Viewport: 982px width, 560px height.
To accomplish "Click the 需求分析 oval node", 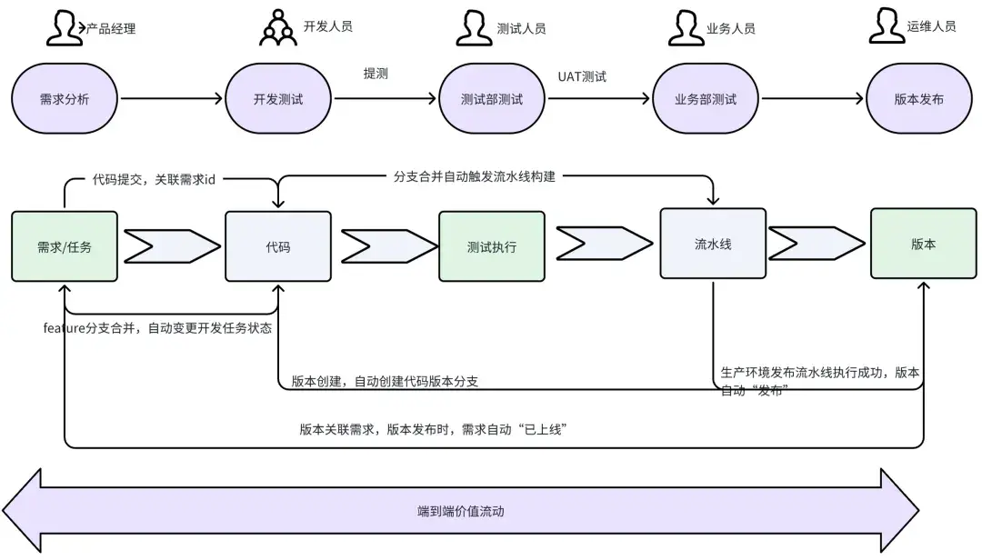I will point(65,99).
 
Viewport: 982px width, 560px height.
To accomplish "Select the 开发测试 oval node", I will point(278,99).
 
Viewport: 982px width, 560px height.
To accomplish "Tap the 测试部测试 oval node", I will point(492,99).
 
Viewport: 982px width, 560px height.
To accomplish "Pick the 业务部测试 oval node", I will point(706,99).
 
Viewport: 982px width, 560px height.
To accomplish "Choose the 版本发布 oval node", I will point(919,99).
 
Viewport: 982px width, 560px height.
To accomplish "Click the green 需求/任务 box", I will point(65,246).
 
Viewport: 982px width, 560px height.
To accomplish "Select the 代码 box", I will point(278,246).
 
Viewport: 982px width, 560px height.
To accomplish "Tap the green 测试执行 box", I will point(492,246).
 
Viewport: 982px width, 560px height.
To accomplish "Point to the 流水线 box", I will point(713,244).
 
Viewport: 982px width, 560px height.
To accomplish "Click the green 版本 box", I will point(923,244).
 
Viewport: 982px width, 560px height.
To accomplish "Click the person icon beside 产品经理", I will point(63,28).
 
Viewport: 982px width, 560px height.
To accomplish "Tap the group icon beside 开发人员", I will point(278,27).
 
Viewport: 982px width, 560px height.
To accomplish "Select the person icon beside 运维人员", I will point(887,25).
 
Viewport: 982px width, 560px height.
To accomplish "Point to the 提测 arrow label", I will point(376,74).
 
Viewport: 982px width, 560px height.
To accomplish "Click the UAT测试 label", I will point(582,76).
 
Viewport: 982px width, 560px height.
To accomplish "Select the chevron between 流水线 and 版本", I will point(817,244).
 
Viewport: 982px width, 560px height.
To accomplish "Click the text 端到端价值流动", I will point(461,511).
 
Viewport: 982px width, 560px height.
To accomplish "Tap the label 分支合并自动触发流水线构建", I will point(474,176).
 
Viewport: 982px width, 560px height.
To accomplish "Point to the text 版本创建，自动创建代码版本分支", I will point(385,382).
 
